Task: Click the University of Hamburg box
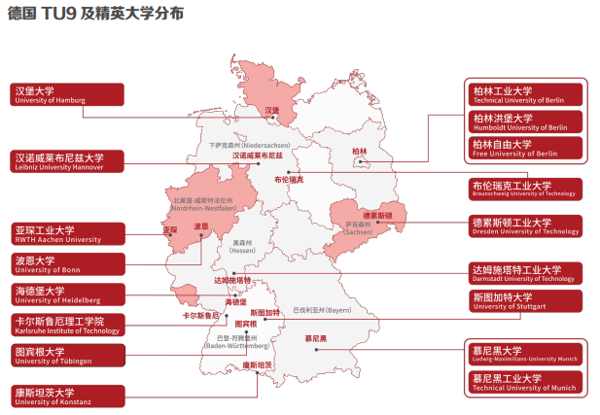coord(67,94)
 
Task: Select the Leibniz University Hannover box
coord(67,161)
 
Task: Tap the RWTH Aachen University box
coord(67,233)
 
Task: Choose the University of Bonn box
coord(67,263)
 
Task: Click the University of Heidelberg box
coord(67,294)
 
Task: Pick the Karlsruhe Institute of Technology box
coord(67,325)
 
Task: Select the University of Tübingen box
coord(67,356)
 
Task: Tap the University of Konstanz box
coord(67,397)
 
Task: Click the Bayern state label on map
coord(321,310)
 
